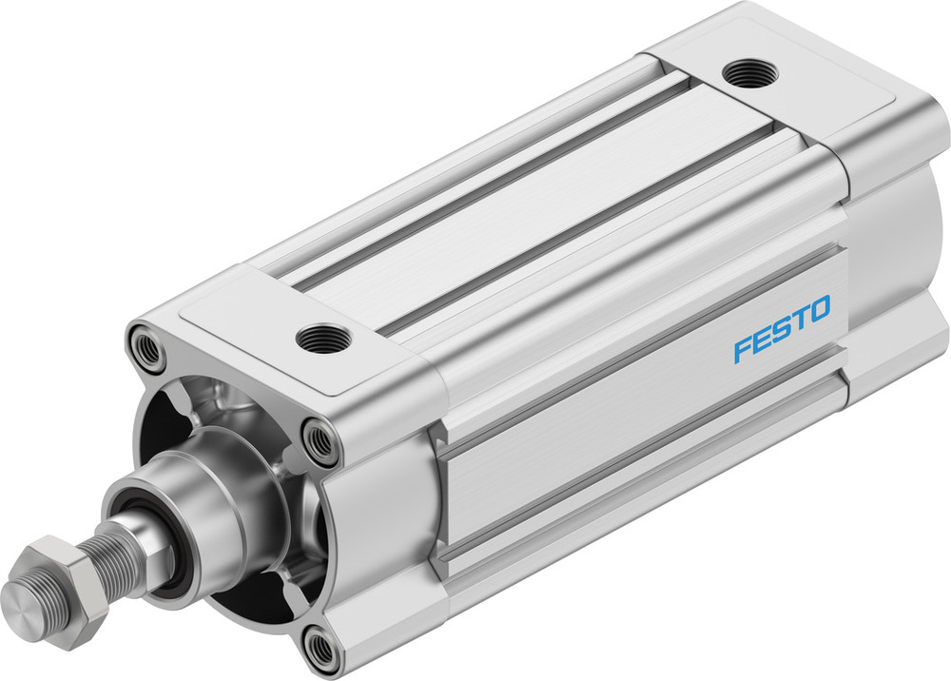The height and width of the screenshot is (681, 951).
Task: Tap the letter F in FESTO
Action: pyautogui.click(x=742, y=349)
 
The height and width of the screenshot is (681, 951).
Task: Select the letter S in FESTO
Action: pyautogui.click(x=781, y=329)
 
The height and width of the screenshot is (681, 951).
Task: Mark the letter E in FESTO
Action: pyautogui.click(x=761, y=340)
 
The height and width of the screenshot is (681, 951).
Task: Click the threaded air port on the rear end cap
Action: pyautogui.click(x=750, y=73)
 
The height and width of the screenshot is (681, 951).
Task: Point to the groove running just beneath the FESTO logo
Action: pyautogui.click(x=666, y=418)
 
